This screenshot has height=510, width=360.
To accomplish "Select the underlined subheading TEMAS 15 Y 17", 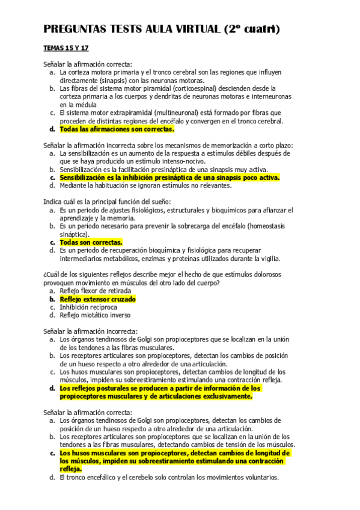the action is click(66, 48).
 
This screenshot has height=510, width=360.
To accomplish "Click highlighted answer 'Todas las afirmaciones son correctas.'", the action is click(117, 129).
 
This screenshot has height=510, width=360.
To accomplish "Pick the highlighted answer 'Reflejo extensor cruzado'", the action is click(97, 299).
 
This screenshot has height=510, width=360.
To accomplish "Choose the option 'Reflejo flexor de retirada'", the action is click(95, 291).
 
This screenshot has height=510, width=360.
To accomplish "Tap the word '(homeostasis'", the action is click(264, 226).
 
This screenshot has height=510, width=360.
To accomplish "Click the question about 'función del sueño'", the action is click(107, 201).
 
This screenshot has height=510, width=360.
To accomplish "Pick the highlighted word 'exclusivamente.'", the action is click(223, 396).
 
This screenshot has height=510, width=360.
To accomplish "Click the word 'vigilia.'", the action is click(266, 259).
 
